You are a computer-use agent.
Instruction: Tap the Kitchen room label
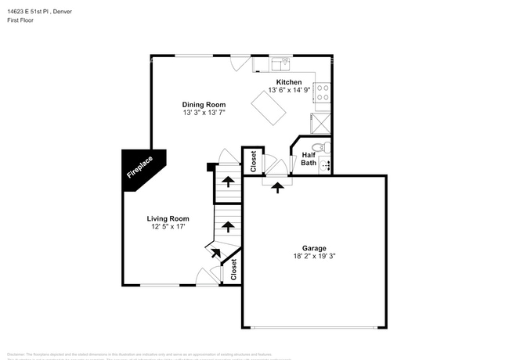[289, 81]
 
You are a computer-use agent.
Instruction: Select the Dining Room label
[204, 105]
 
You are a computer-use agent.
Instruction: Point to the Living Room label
[168, 218]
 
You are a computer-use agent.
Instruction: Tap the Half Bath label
[309, 159]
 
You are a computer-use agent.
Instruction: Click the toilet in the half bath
[318, 147]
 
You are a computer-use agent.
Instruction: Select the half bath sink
[328, 164]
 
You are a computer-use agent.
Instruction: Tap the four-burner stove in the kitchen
[323, 92]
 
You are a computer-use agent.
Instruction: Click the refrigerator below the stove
[322, 122]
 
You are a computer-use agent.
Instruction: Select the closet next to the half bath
[254, 161]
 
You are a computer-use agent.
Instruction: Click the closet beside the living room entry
[233, 269]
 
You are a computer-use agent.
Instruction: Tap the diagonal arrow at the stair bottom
[215, 252]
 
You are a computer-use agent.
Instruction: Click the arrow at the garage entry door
[276, 186]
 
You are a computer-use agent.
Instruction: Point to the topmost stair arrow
[228, 182]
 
